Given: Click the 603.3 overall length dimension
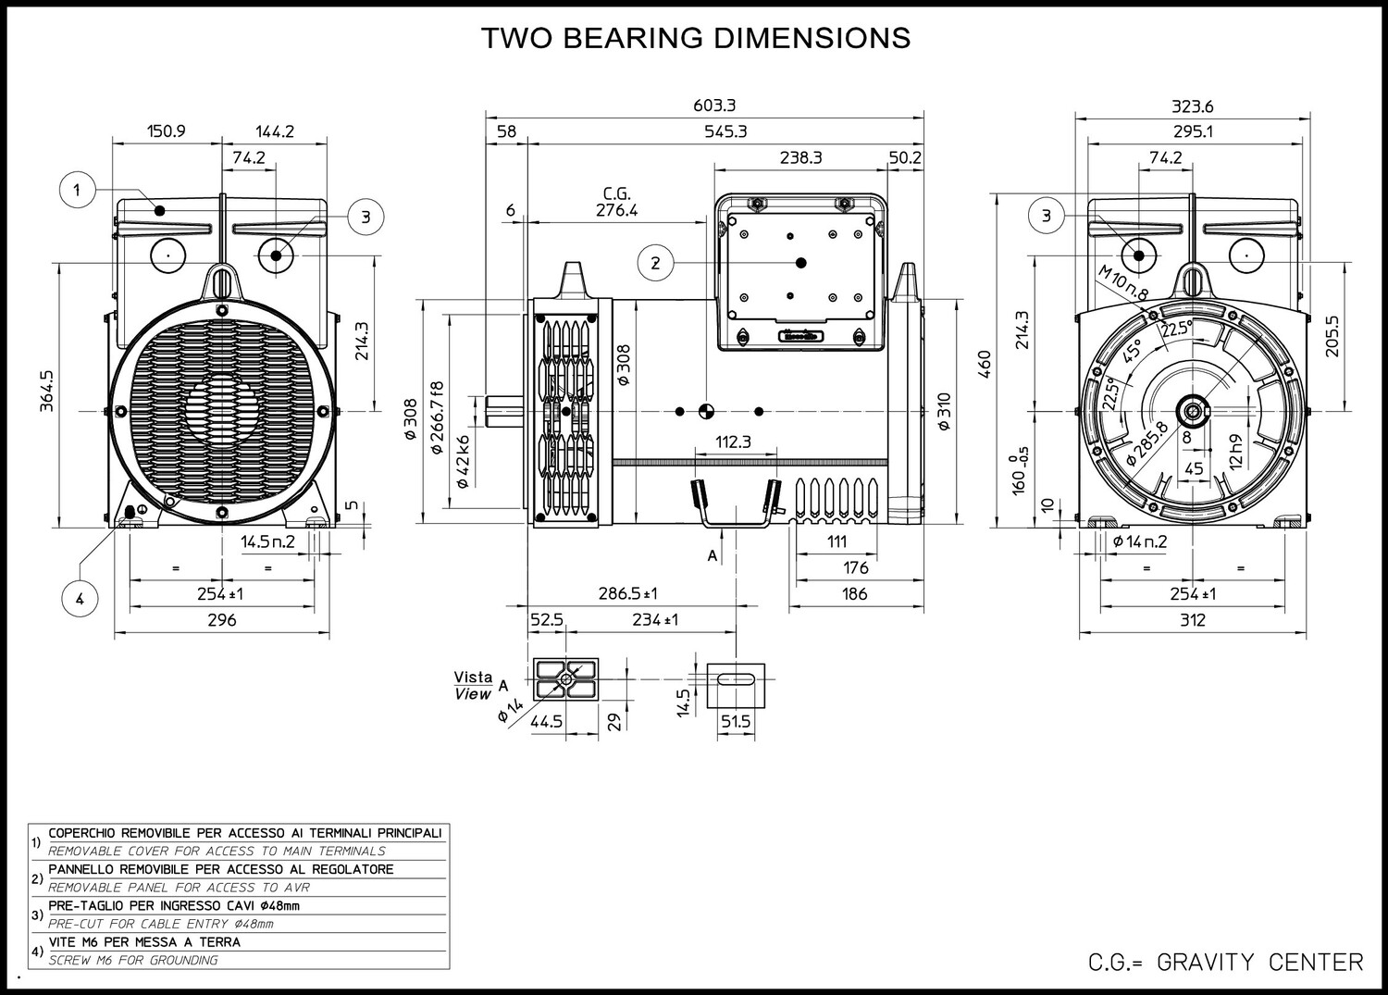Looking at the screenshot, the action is tap(713, 106).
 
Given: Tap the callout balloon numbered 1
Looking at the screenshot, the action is tap(78, 190).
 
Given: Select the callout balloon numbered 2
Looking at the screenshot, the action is tap(655, 263).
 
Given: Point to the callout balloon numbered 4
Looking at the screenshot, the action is tap(80, 599).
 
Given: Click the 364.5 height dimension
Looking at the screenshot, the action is tap(47, 392).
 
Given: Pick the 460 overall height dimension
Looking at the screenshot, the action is tap(985, 364).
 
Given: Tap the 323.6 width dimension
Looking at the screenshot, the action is tap(1192, 106).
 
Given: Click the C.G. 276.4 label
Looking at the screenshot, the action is tap(616, 202).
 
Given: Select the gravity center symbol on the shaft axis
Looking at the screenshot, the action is tap(706, 411).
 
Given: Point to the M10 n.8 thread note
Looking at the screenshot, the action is tap(1122, 282).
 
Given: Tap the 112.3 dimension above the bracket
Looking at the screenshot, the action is tap(733, 442).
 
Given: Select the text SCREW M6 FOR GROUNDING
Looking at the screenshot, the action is tap(133, 960).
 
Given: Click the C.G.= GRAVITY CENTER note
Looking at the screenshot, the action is tap(1226, 963).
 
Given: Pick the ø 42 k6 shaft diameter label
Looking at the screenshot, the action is tap(463, 462).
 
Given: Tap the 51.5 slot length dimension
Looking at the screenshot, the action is tap(736, 722).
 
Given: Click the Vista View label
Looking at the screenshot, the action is tap(474, 686).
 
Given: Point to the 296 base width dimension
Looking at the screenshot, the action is tap(221, 620).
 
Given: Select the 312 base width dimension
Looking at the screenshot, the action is tap(1192, 620).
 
